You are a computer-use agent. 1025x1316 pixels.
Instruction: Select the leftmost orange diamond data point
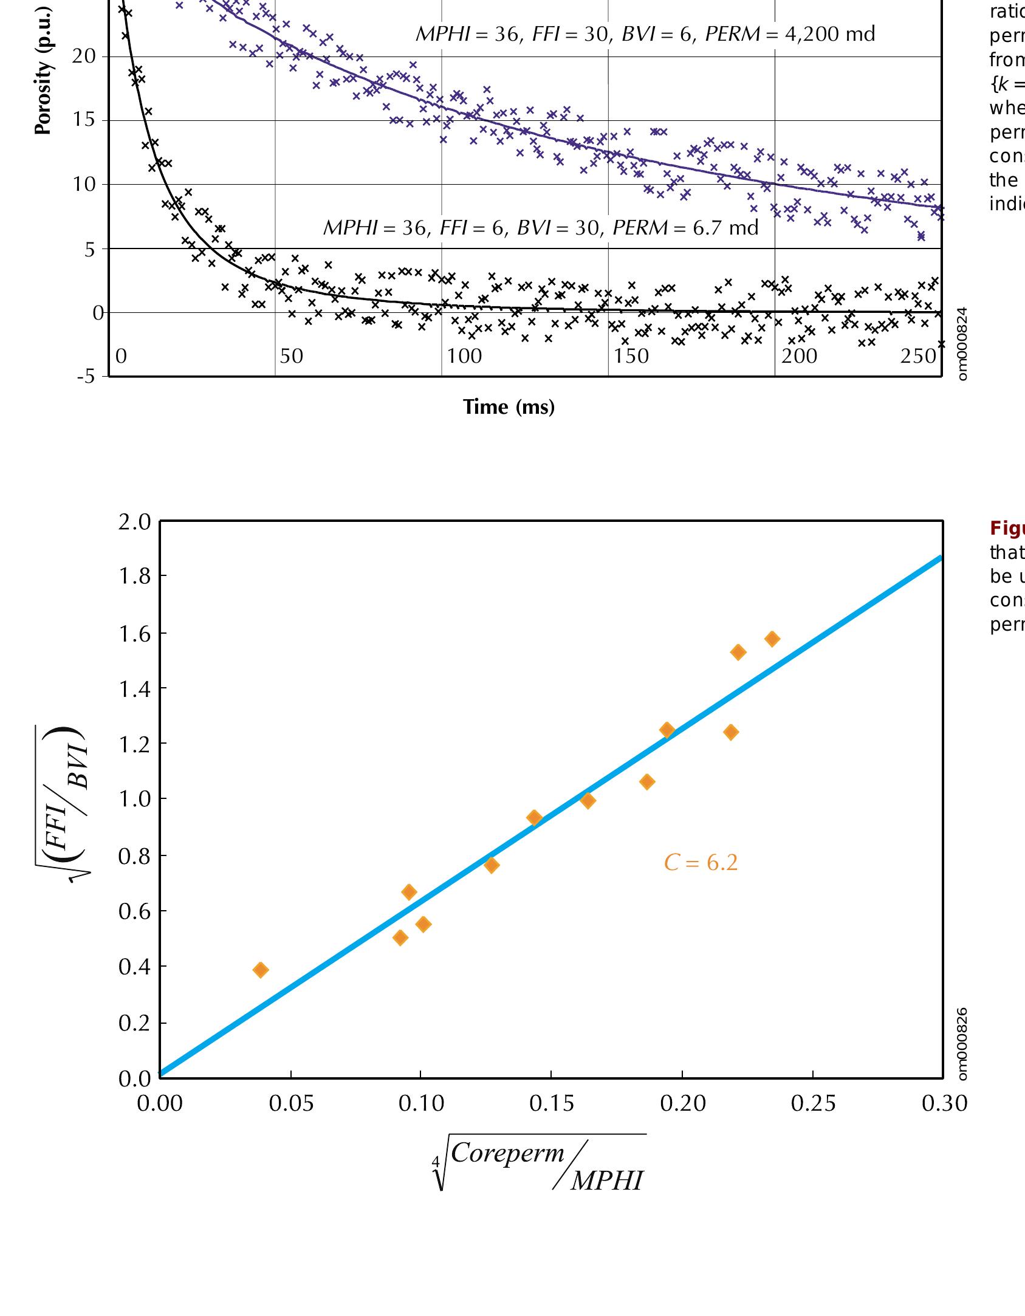point(261,970)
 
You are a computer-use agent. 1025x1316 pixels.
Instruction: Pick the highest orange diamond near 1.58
point(772,639)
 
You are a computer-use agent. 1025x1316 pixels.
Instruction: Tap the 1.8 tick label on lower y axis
point(134,576)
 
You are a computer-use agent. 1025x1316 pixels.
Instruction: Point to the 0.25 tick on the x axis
point(813,1103)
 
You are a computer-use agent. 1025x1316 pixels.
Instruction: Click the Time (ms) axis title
point(509,406)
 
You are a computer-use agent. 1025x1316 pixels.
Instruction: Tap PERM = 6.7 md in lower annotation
point(685,228)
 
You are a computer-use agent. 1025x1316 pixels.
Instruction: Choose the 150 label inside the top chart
point(631,356)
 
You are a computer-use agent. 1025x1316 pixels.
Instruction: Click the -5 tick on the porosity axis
point(86,377)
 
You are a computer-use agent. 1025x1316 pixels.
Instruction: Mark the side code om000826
point(962,1044)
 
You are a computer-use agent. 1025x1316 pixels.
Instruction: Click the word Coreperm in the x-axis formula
point(507,1153)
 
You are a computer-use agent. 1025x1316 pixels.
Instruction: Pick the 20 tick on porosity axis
point(84,57)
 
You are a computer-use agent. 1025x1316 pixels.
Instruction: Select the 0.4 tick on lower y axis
point(134,967)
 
